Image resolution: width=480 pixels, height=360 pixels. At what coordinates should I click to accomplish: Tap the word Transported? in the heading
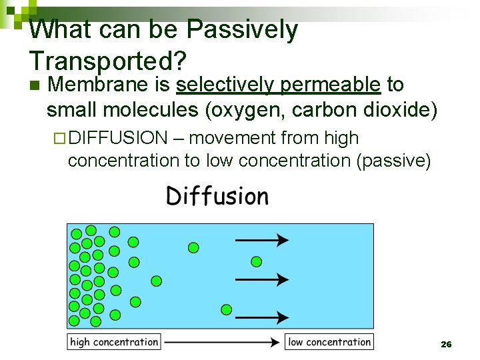pyautogui.click(x=107, y=61)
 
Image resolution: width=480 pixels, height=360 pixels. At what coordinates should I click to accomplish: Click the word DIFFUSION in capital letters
pyautogui.click(x=118, y=138)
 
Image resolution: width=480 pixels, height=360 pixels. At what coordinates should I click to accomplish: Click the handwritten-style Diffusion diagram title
pyautogui.click(x=217, y=196)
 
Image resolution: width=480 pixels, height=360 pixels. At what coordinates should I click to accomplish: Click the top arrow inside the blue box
pyautogui.click(x=261, y=239)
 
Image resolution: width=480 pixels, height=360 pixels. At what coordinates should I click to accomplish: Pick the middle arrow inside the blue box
pyautogui.click(x=261, y=279)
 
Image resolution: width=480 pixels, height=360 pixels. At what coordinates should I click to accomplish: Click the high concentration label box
pyautogui.click(x=114, y=342)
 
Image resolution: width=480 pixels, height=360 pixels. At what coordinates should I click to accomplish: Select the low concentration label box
pyautogui.click(x=329, y=342)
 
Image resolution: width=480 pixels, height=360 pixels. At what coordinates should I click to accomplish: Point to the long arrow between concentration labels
pyautogui.click(x=221, y=342)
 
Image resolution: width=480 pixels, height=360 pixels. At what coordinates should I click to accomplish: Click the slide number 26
pyautogui.click(x=446, y=344)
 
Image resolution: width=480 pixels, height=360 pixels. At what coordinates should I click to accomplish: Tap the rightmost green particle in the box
pyautogui.click(x=256, y=261)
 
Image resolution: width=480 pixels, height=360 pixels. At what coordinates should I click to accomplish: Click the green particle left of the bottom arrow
pyautogui.click(x=226, y=309)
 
